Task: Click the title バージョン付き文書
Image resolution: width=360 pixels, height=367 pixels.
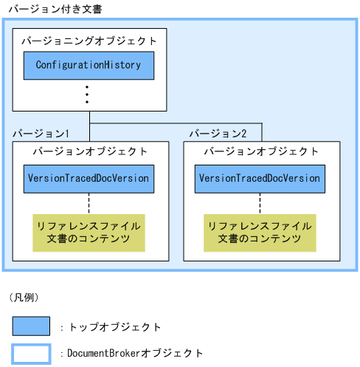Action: click(55, 9)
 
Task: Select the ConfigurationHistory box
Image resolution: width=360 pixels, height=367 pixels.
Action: click(89, 65)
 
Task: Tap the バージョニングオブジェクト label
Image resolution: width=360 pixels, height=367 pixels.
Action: click(89, 40)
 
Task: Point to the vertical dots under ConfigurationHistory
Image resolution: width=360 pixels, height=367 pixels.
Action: click(87, 95)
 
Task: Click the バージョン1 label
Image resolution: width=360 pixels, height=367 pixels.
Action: click(41, 134)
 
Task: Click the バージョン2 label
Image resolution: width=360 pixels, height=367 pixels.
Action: click(218, 134)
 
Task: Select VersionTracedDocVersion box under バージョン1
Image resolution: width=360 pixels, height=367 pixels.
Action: click(89, 178)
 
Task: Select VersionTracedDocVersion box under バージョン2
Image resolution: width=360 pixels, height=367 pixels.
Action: click(260, 178)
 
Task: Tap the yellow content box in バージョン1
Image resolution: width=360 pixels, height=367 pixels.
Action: click(89, 232)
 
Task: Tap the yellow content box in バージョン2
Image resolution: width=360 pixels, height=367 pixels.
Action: click(260, 232)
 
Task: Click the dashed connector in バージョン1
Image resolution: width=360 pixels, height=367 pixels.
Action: click(89, 203)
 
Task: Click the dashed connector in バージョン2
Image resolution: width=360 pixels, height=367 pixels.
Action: click(260, 203)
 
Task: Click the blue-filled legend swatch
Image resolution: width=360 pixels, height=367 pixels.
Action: click(31, 326)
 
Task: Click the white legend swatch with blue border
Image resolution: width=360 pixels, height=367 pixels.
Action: click(31, 354)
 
